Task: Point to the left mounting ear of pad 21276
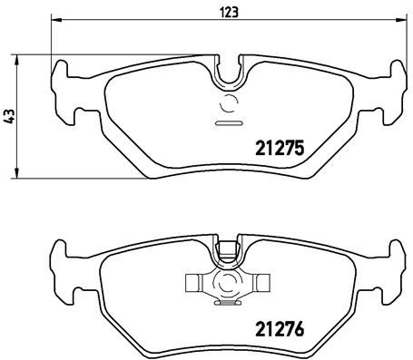coord(62,268)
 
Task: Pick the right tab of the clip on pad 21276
coord(262,283)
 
